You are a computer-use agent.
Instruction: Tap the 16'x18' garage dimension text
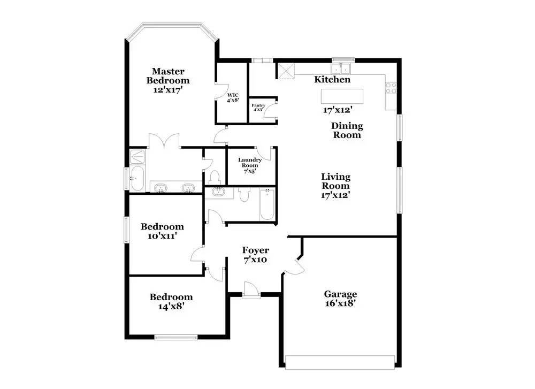[340, 303]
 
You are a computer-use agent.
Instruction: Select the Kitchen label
[332, 80]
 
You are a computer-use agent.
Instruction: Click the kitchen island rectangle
[342, 96]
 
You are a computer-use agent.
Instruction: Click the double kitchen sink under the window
[340, 68]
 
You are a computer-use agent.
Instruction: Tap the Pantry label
[259, 108]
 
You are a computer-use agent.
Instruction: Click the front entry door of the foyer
[250, 291]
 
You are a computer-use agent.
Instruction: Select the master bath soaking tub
[137, 178]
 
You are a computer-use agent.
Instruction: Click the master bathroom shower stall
[137, 156]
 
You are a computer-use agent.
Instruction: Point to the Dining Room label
[347, 131]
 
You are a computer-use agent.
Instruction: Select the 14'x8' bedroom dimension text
[171, 307]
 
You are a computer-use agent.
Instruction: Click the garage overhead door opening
[341, 362]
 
